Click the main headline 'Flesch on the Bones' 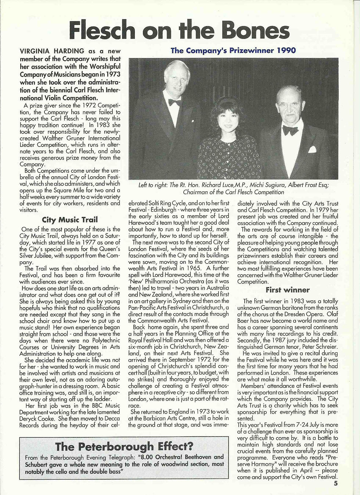pyautogui.click(x=180, y=31)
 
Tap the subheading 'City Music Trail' pyautogui.click(x=70, y=220)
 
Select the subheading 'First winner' pyautogui.click(x=288, y=290)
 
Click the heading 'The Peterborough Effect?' pyautogui.click(x=124, y=447)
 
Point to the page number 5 pyautogui.click(x=335, y=484)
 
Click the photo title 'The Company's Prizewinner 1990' pyautogui.click(x=233, y=51)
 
